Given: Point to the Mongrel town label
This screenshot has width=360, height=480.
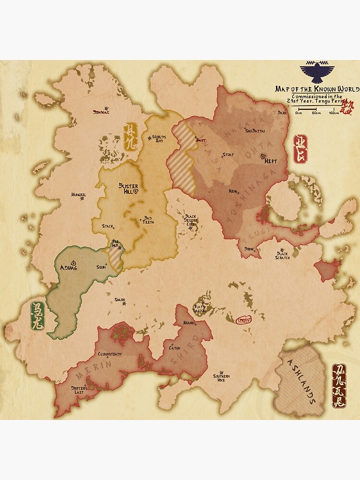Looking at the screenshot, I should coord(78,195).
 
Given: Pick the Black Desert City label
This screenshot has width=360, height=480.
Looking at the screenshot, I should coord(191,220).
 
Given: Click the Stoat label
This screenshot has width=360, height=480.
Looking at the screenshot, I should coord(228,155).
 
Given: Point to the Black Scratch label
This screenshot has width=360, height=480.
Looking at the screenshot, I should coord(282,256).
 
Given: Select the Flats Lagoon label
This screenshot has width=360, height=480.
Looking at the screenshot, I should coord(200,308).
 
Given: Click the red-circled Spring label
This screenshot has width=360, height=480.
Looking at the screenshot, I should coord(244,320).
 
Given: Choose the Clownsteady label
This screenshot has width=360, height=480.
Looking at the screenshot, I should coord(110,354).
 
